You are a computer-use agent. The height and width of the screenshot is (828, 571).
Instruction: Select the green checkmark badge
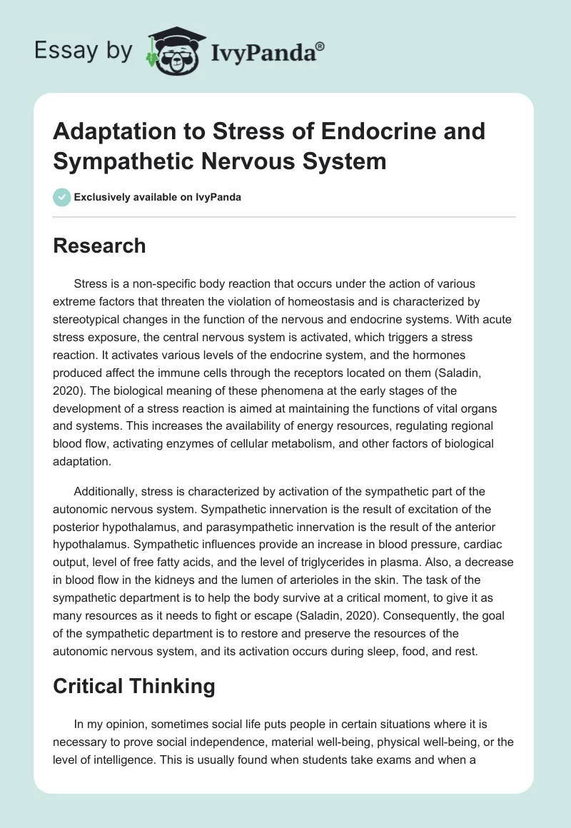pos(62,197)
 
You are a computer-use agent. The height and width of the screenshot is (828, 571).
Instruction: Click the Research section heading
pos(100,246)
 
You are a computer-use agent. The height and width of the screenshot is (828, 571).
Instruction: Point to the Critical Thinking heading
pos(135,686)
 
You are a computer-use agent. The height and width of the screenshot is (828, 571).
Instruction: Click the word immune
pos(230,373)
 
